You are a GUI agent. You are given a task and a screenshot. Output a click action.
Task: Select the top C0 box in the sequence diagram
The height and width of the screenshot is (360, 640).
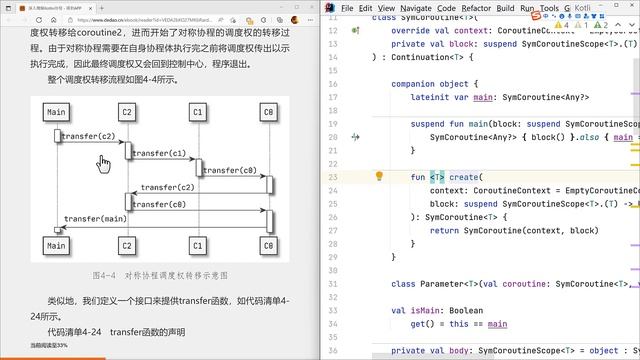(x=268, y=113)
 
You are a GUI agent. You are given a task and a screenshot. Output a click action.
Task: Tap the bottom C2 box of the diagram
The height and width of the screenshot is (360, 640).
(x=127, y=245)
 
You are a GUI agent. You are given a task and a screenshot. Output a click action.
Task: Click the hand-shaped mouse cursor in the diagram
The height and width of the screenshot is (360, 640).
(x=104, y=162)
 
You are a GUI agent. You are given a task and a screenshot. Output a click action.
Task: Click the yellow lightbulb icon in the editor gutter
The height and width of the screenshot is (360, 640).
(x=379, y=176)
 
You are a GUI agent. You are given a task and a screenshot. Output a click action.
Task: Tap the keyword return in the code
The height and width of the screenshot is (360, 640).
(x=447, y=229)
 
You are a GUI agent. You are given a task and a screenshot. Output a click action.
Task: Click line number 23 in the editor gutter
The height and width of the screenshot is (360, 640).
(x=332, y=176)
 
